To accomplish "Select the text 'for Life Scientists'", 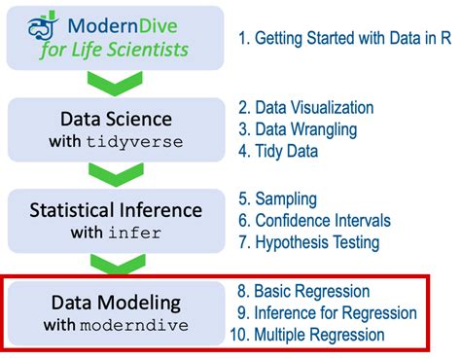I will point(114,49).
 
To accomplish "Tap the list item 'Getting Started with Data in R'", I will point(344,39).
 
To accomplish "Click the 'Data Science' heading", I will point(115,120).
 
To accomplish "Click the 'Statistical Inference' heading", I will point(115,209).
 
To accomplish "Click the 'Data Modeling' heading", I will point(115,301).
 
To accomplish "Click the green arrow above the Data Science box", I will point(115,85).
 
